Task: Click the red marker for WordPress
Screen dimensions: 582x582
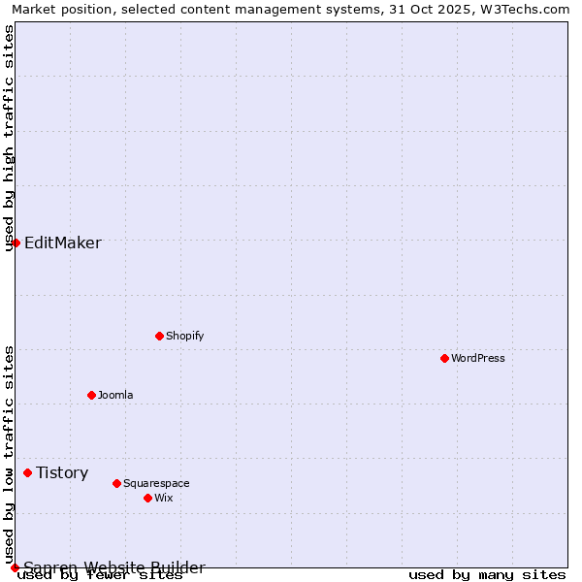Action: click(444, 358)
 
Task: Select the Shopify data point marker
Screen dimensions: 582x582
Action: click(159, 336)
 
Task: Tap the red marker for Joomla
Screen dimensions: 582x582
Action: click(91, 395)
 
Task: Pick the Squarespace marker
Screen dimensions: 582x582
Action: click(116, 483)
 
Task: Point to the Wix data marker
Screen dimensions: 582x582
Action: click(147, 498)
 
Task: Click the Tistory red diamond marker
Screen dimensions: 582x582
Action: click(27, 472)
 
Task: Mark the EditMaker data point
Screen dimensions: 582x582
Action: click(16, 242)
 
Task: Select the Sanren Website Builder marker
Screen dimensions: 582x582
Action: click(15, 567)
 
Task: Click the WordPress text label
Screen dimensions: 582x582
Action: click(478, 358)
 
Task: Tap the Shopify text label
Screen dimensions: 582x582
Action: click(184, 336)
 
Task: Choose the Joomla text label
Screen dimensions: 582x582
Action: click(115, 395)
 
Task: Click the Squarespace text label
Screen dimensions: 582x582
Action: click(156, 483)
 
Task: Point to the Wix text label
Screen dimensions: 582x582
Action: click(163, 498)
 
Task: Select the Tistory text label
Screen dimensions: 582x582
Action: click(62, 472)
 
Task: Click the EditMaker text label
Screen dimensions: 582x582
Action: click(62, 242)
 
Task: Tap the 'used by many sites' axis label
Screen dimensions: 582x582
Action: click(487, 574)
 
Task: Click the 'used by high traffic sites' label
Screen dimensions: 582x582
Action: click(9, 138)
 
